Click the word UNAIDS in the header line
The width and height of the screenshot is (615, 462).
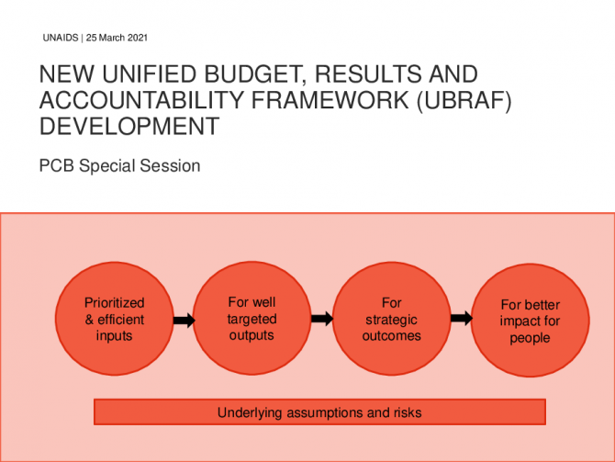click(61, 38)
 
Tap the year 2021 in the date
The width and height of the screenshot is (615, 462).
click(138, 38)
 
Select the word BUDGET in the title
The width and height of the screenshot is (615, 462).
click(255, 74)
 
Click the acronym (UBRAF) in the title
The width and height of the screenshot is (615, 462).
click(464, 100)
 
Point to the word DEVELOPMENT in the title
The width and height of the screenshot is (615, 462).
click(129, 126)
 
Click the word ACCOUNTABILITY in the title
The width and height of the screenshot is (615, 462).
click(141, 100)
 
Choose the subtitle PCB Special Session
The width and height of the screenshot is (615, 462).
click(119, 165)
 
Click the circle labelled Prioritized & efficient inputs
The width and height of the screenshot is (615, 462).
click(115, 319)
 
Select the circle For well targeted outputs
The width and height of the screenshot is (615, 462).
click(252, 318)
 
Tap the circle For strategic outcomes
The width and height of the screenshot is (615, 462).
click(391, 319)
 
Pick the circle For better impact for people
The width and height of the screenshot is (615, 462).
click(530, 321)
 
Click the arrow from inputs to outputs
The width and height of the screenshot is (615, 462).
click(184, 321)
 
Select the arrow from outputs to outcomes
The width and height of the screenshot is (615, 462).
click(322, 319)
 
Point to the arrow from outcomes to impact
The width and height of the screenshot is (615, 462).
click(462, 318)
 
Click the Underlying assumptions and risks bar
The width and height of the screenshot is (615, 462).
click(319, 412)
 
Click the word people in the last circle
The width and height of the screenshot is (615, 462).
click(530, 338)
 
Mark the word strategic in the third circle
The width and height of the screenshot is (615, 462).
click(391, 320)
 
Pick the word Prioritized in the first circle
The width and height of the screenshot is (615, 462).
click(115, 303)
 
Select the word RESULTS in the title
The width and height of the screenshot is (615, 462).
click(369, 74)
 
